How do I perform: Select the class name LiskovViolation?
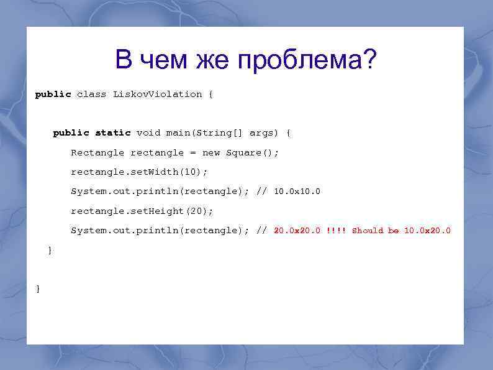158,95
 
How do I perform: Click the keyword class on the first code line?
91,95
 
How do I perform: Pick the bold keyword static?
113,133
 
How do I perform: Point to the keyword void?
148,133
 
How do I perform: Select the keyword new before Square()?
211,153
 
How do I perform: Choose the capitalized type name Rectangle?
97,153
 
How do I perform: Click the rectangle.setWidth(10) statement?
139,172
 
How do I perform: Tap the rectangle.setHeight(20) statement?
142,211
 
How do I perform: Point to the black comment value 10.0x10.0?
297,192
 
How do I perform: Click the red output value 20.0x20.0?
297,231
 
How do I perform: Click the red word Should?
368,231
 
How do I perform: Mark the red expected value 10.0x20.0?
427,231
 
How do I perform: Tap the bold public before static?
71,133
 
